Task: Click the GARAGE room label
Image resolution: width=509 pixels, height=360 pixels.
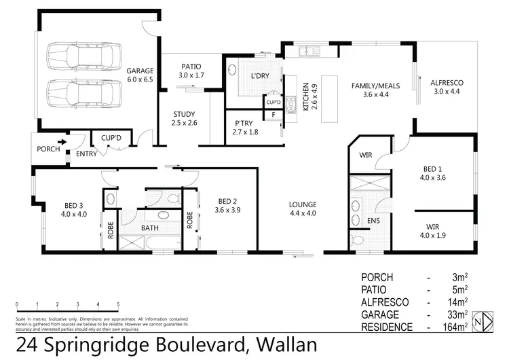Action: click(x=140, y=71)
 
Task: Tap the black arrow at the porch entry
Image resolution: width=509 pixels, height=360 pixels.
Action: click(x=62, y=143)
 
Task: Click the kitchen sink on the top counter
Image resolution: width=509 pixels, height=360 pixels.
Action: click(x=309, y=50)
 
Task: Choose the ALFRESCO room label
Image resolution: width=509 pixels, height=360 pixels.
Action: click(x=446, y=83)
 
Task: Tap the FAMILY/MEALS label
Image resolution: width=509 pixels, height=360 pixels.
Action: click(x=375, y=86)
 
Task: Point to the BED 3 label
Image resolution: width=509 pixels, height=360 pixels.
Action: click(x=73, y=206)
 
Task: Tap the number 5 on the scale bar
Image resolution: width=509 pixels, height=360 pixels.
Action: click(x=118, y=305)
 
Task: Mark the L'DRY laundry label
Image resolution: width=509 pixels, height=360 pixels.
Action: click(x=261, y=76)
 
